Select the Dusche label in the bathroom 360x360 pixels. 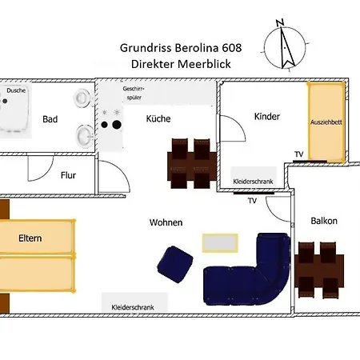pyautogui.click(x=16, y=90)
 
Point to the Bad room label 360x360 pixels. pyautogui.click(x=50, y=119)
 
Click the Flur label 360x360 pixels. pyautogui.click(x=68, y=175)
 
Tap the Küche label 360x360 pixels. pyautogui.click(x=158, y=118)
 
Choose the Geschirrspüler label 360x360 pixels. pyautogui.click(x=134, y=92)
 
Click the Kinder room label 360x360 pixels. pyautogui.click(x=266, y=117)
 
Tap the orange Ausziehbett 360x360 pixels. pyautogui.click(x=326, y=122)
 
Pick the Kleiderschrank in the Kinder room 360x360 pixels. pyautogui.click(x=253, y=182)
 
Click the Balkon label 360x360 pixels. pyautogui.click(x=323, y=221)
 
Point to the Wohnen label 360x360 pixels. pyautogui.click(x=166, y=222)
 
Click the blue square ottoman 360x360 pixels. pyautogui.click(x=174, y=264)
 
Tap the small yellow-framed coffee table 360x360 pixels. pyautogui.click(x=219, y=241)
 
